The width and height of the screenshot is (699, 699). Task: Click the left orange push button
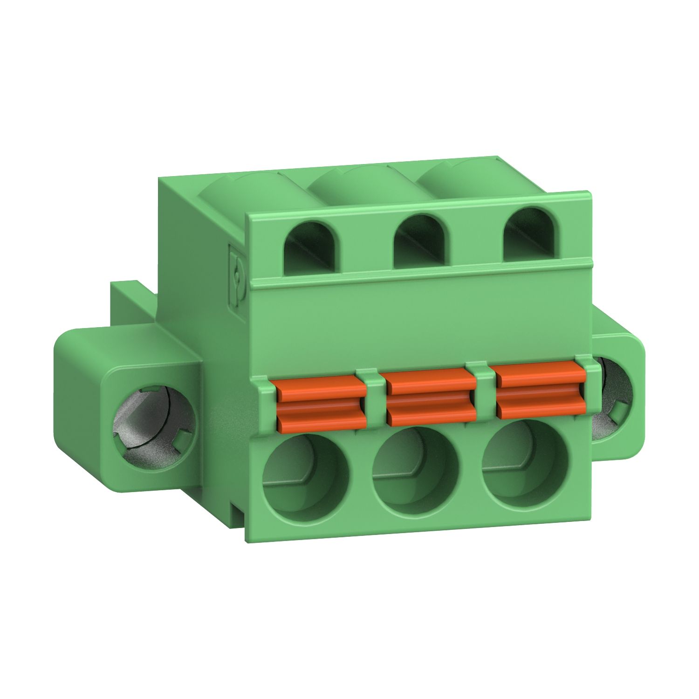(x=322, y=403)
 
